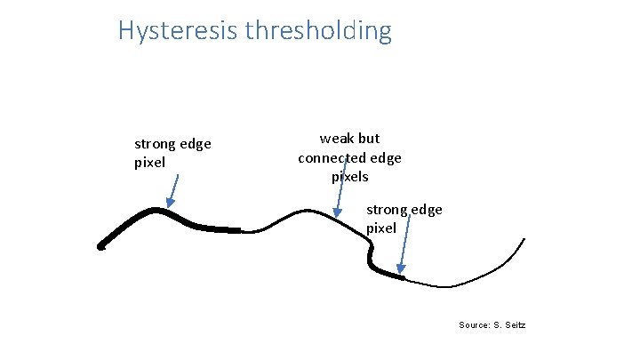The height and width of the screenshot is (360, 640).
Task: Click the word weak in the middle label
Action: coord(337,139)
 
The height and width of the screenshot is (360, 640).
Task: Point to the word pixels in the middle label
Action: coord(350,176)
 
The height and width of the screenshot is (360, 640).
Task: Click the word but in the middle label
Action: coord(368,139)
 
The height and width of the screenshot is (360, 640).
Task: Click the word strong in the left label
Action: coord(156,144)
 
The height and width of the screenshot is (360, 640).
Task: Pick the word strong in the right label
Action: coord(388,210)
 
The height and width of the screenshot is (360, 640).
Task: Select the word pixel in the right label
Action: coord(381,228)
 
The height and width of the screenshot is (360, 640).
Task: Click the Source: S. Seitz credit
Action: coord(492,325)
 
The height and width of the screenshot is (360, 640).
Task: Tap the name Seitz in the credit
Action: coord(514,325)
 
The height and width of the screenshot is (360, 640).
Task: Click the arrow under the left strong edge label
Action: coord(175,189)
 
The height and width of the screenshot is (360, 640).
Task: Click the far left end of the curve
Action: coord(101,247)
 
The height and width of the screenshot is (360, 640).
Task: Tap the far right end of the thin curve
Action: coord(524,238)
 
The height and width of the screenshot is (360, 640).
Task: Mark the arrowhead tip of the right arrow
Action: coord(401,272)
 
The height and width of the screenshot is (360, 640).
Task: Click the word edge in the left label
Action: coord(196,144)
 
